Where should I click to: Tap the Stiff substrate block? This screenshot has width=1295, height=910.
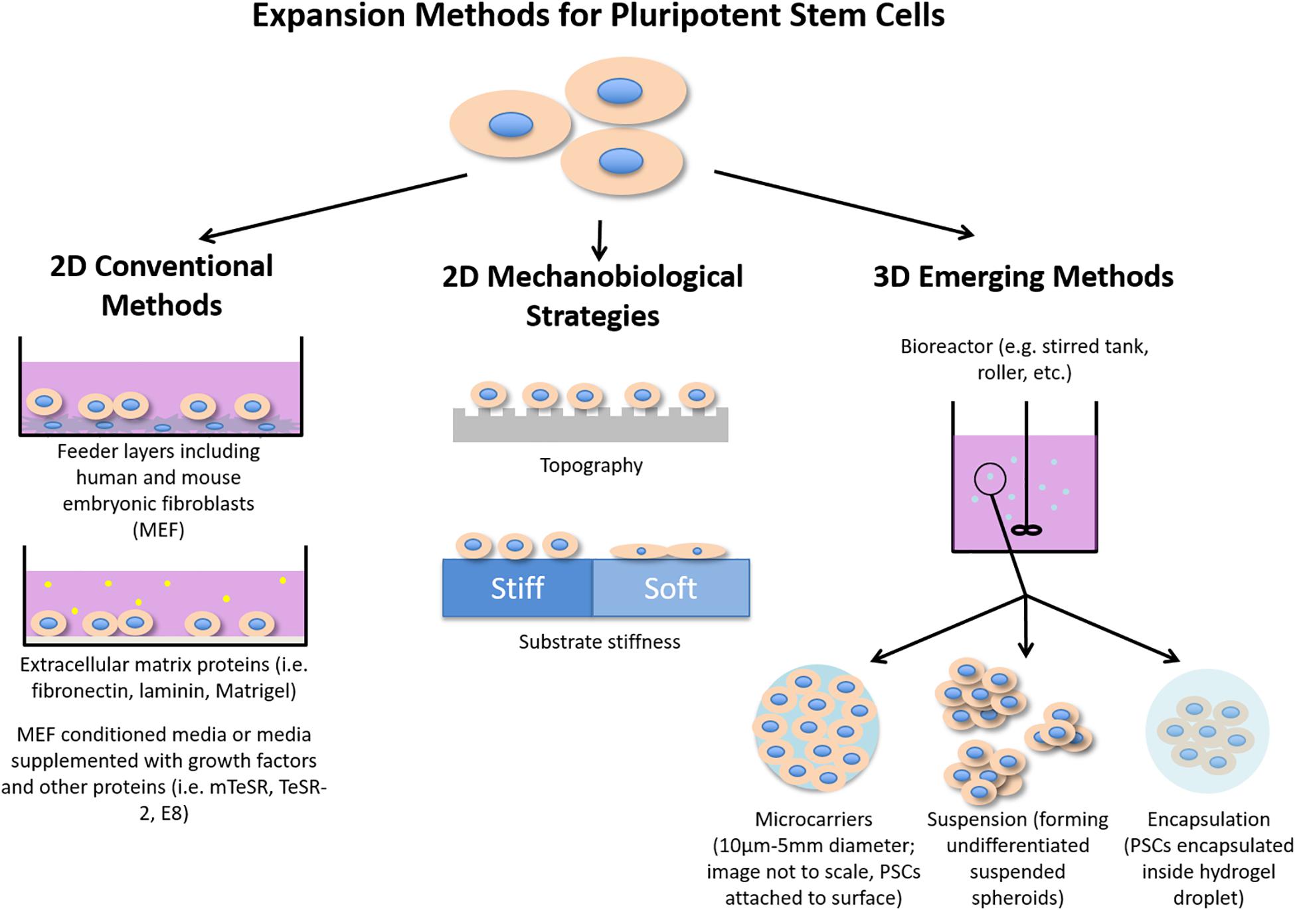517,588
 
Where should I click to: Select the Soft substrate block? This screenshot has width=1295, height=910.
671,588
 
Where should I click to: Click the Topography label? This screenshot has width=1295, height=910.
591,465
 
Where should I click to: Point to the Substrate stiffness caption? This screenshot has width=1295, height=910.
599,642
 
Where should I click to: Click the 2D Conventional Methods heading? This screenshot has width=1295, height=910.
161,285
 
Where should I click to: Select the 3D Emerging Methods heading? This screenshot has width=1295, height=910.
1023,277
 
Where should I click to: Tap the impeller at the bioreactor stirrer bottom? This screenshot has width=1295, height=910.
1027,530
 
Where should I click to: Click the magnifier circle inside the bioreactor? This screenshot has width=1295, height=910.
990,479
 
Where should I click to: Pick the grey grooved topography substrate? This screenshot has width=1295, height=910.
590,428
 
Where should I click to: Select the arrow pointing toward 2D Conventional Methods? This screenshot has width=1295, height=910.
332,206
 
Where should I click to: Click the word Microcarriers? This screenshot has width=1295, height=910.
814,819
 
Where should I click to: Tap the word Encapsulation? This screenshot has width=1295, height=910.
1208,819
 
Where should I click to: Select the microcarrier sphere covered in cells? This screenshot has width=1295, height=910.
816,728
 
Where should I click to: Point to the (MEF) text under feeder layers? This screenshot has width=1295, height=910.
158,530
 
